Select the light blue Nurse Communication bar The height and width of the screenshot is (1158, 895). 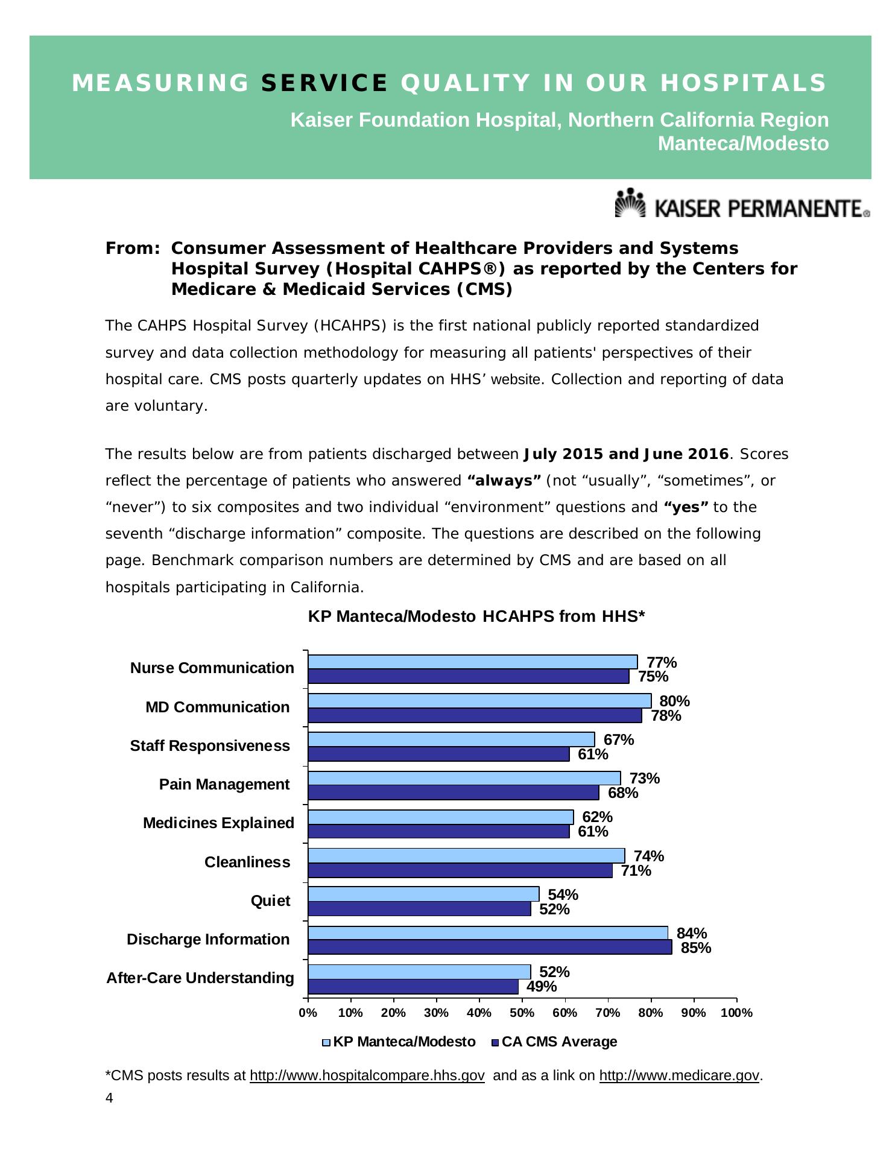point(472,662)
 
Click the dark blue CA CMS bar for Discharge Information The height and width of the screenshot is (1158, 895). point(490,948)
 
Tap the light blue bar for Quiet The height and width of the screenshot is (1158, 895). point(423,894)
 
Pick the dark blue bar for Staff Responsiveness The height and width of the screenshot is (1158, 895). point(438,754)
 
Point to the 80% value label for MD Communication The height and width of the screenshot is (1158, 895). point(674,701)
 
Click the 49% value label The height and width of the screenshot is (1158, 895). point(542,986)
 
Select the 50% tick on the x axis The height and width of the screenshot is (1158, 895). point(522,1013)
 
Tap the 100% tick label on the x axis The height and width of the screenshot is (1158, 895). point(736,1013)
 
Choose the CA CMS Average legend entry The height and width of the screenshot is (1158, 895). point(554,1042)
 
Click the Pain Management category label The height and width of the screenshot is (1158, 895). point(224,784)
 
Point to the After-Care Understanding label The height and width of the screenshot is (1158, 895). point(200,978)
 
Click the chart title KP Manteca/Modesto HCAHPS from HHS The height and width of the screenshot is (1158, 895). point(476,616)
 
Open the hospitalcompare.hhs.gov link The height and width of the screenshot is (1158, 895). point(367,1075)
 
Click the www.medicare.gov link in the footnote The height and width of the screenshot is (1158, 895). point(678,1075)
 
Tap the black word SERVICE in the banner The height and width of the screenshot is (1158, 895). point(324,83)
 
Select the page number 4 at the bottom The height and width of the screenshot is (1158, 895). point(109,1098)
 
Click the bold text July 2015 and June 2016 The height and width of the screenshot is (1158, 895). point(626,454)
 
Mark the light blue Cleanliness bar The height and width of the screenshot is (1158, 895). point(466,855)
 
